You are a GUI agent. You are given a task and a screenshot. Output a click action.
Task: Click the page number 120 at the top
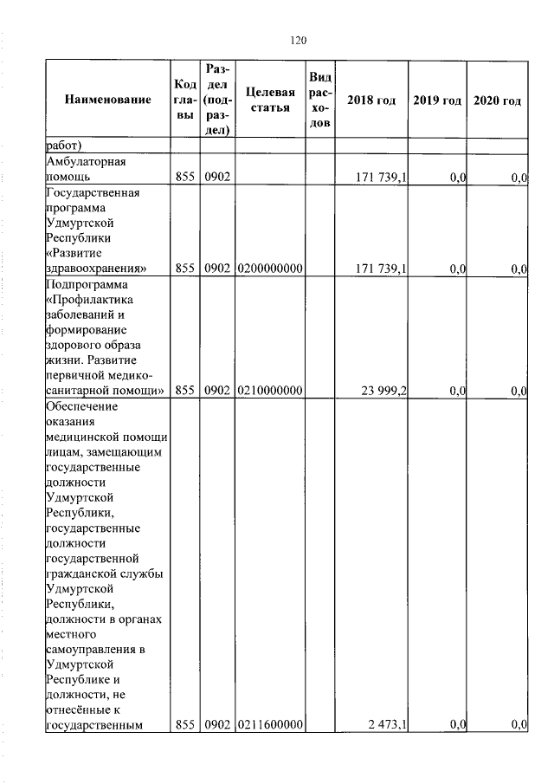(x=299, y=40)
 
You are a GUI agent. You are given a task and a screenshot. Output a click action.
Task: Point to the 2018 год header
(x=370, y=100)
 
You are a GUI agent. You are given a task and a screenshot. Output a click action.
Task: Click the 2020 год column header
(x=498, y=100)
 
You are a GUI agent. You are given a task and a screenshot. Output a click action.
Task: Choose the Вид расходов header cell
(x=319, y=100)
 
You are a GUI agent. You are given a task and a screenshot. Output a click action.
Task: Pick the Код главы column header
(x=184, y=100)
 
